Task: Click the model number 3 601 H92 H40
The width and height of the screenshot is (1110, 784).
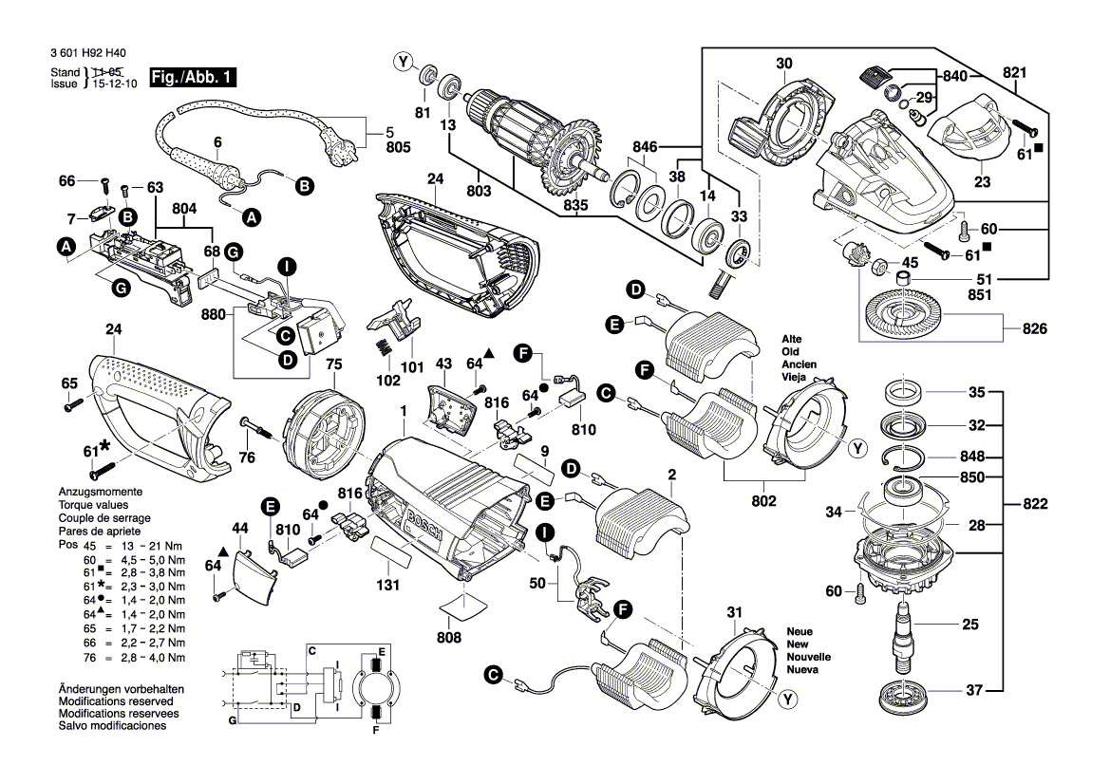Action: tap(88, 54)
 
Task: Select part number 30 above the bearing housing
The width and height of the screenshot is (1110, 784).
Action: tap(783, 65)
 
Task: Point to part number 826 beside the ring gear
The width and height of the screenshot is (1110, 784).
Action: tap(1034, 329)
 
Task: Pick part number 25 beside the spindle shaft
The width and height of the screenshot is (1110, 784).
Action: tap(969, 624)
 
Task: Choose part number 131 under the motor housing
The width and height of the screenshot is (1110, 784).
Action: tap(386, 587)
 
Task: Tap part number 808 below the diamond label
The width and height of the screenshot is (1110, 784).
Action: tap(449, 638)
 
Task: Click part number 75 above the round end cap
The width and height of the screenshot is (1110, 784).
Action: tap(333, 364)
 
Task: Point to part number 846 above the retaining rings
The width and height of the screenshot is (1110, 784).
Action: tap(645, 147)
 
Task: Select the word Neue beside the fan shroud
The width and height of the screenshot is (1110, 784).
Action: tap(800, 631)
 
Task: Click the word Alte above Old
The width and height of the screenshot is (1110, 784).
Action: tap(793, 339)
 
